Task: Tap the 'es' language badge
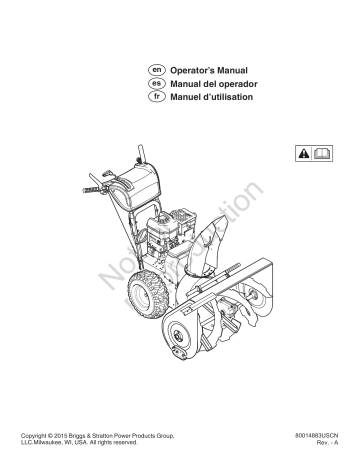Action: coord(155,87)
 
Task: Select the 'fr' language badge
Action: coord(155,100)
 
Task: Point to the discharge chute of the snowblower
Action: coord(218,219)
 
